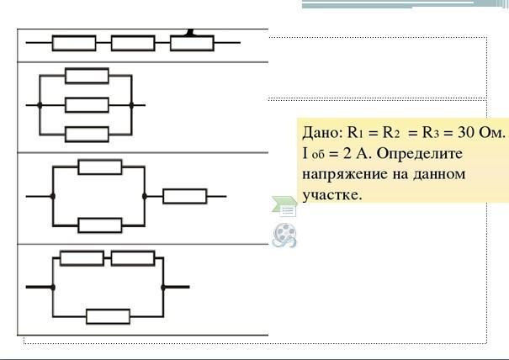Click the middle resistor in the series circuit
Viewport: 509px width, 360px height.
[x=133, y=43]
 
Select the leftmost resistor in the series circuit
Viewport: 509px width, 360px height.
[x=74, y=43]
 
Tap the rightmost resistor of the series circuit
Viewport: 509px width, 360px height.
[x=192, y=43]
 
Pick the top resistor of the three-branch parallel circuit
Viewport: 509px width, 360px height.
[x=87, y=76]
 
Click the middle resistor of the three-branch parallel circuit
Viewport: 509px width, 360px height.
[x=87, y=105]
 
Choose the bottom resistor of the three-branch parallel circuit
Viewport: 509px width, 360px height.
[x=87, y=135]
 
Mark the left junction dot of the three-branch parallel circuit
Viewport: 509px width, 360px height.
[x=40, y=105]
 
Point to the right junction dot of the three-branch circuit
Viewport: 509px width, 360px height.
[x=131, y=105]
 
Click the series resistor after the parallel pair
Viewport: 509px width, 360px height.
[x=185, y=196]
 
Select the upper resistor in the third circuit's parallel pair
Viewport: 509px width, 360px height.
[x=100, y=167]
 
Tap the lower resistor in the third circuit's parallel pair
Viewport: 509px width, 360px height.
[x=100, y=225]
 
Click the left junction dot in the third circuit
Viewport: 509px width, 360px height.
[x=53, y=196]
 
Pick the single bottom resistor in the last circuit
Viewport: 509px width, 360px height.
[x=108, y=316]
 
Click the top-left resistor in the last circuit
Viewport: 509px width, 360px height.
[x=82, y=258]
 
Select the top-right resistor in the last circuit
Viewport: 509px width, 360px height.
[x=133, y=258]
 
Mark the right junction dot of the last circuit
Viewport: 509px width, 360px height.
[x=163, y=288]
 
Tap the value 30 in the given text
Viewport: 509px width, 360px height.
[x=466, y=132]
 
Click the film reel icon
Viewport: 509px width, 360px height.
[x=284, y=236]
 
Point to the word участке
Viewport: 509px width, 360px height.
[x=331, y=195]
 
